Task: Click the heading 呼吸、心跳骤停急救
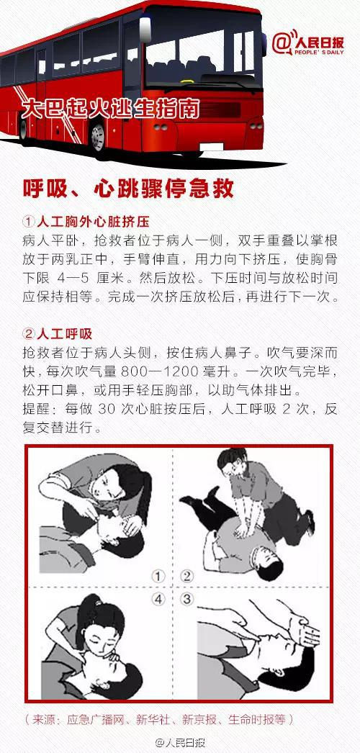[128, 190]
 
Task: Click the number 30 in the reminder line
[104, 409]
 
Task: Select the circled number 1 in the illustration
[158, 576]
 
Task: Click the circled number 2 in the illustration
[186, 576]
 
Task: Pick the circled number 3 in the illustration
[186, 600]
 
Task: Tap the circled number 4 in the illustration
[158, 600]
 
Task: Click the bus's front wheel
[98, 137]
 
